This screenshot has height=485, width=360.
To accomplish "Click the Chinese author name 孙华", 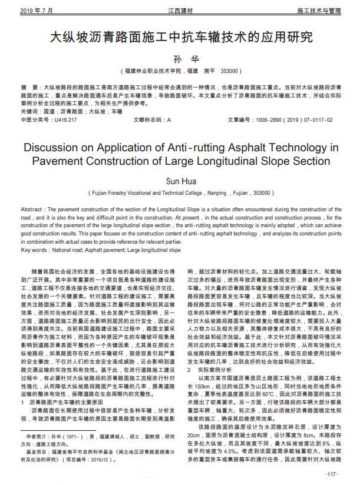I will tap(179, 58).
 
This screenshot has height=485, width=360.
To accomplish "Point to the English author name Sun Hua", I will tap(179, 180).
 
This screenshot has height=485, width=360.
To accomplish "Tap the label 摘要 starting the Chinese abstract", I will tap(28, 87).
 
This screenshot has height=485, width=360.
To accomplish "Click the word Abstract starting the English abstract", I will tap(33, 210).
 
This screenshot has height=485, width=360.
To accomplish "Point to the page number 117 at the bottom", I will tap(332, 474).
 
